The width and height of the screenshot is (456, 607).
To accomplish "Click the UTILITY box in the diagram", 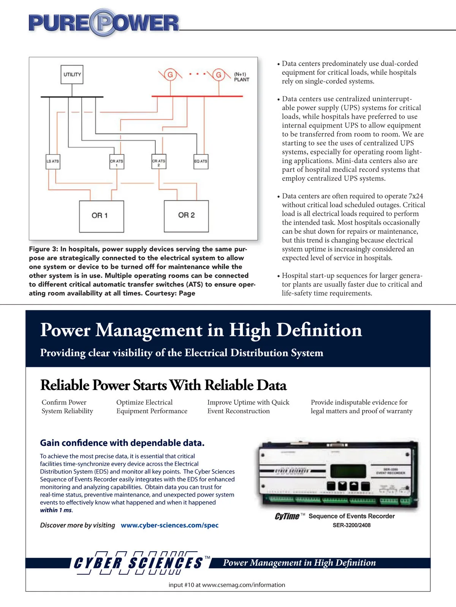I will pos(72,74).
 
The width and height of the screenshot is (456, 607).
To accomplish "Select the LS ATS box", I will pos(52,161).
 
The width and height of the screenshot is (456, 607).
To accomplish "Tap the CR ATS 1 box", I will pos(117,163).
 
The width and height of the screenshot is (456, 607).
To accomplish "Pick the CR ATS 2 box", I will pos(158,163).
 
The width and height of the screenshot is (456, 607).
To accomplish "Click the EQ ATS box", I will pos(201,161).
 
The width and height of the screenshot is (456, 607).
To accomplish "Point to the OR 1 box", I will pos(101,216).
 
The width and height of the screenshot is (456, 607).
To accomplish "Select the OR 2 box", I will pos(186,215).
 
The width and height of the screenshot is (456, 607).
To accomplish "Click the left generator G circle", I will pos(170,75).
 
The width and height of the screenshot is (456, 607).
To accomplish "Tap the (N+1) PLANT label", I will pos(241,77).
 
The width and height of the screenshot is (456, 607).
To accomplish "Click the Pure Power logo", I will pos(103,23).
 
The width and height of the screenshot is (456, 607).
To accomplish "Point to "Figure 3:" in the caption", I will pos(43,249).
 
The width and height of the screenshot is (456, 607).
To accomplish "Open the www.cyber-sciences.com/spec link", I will pos(169,525).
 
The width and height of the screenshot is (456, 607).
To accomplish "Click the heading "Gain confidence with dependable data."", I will pos(122,443).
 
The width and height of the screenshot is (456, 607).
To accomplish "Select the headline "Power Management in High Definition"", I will pos(201,330).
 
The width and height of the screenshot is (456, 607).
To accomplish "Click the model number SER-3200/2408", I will pos(351,525).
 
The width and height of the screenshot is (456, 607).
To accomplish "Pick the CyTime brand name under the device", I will pos(287,516).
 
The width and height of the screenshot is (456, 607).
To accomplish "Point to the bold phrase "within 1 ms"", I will pos(56,510).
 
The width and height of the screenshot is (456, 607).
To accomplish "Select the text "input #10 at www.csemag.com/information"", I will pos(227,585).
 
